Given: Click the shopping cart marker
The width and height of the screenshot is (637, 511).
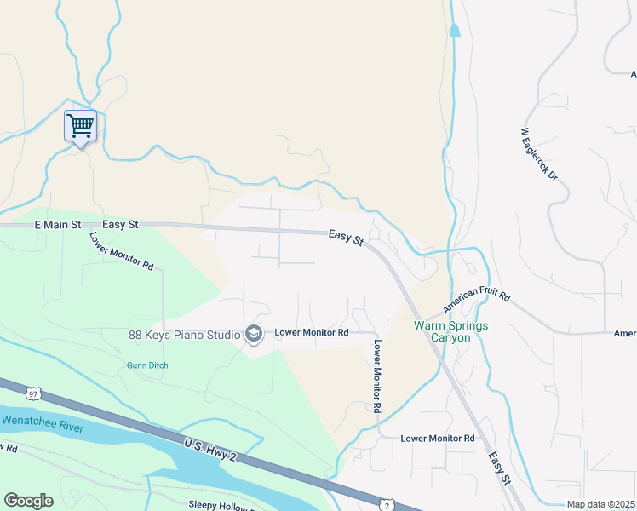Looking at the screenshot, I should click(x=81, y=127).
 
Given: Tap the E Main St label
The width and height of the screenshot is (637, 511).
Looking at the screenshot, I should click(x=57, y=225).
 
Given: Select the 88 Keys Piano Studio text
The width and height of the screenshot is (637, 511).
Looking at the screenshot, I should click(x=184, y=335).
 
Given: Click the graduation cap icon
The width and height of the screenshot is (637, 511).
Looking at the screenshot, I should click(x=253, y=334).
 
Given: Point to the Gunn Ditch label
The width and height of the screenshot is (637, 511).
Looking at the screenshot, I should click(x=148, y=365).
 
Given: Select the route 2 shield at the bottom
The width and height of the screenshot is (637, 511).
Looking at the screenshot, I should click(x=387, y=504).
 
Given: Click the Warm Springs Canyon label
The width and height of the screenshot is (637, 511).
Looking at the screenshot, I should click(x=442, y=331).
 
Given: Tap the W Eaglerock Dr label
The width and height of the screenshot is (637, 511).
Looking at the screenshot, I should click(x=538, y=154).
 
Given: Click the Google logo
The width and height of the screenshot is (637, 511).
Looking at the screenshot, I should click(x=28, y=501).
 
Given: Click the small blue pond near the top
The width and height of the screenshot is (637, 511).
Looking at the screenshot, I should click(x=454, y=32).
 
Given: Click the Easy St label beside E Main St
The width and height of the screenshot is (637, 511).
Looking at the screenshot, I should click(x=120, y=225).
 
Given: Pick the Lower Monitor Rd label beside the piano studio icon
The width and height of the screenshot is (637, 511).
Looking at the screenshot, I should click(x=312, y=332).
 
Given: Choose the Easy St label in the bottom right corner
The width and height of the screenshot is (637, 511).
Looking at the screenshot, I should click(x=499, y=469).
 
